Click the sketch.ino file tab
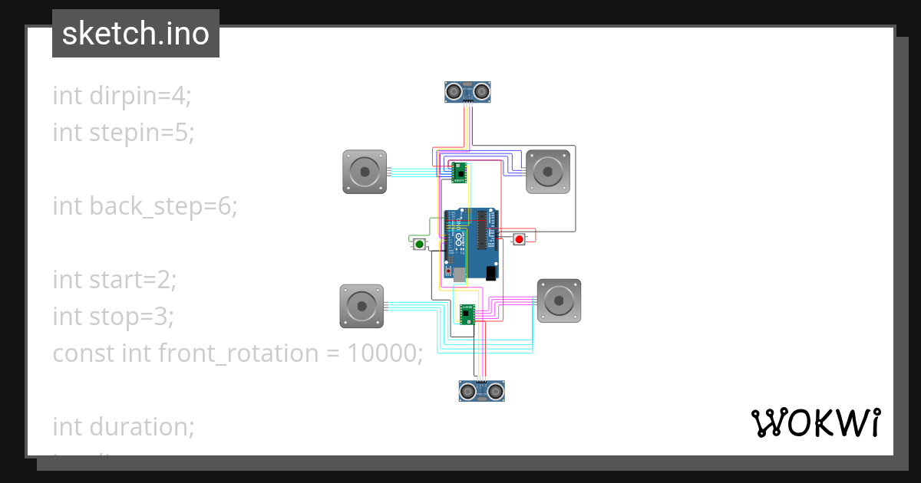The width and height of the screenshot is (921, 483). (x=136, y=34)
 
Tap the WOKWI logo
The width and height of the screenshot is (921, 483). (x=815, y=422)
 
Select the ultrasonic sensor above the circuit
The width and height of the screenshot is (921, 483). (x=468, y=92)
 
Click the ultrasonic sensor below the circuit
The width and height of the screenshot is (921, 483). (x=481, y=391)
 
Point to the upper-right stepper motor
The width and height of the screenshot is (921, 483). (x=548, y=171)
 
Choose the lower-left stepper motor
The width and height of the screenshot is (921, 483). (x=361, y=306)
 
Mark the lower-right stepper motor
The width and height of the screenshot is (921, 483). (x=559, y=301)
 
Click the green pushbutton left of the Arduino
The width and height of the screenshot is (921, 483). (x=419, y=244)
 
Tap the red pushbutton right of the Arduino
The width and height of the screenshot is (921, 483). (x=519, y=239)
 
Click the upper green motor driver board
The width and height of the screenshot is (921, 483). (x=459, y=172)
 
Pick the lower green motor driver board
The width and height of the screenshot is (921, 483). (x=467, y=313)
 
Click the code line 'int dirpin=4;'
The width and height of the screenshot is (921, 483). (x=121, y=96)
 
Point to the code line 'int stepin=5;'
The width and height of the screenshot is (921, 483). (x=123, y=133)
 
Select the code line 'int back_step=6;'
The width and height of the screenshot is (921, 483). (x=145, y=206)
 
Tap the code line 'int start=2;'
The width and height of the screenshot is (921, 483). (x=114, y=280)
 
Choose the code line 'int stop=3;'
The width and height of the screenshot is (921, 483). (x=113, y=316)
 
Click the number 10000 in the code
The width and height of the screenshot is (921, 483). (x=381, y=353)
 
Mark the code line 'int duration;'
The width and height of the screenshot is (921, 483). (x=123, y=426)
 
